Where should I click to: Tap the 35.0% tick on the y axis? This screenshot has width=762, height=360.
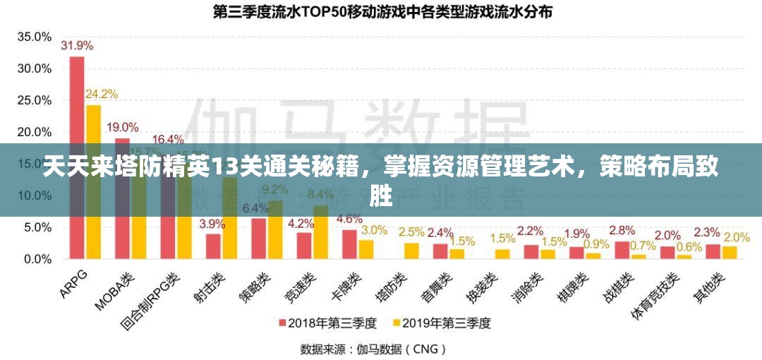point(34,37)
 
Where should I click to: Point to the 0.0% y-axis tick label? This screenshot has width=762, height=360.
point(37,259)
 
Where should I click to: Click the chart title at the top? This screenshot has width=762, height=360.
point(382,11)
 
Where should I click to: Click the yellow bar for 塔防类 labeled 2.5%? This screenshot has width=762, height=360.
point(411,251)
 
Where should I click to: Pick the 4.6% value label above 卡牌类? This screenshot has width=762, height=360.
point(349,219)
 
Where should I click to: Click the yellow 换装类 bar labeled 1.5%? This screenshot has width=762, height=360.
point(502,254)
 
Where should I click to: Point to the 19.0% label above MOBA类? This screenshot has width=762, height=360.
point(122,127)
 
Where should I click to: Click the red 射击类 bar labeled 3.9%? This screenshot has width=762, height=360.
point(213,246)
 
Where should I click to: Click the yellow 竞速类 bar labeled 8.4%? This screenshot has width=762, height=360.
point(321,233)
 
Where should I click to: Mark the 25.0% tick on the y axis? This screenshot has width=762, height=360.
point(34,100)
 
